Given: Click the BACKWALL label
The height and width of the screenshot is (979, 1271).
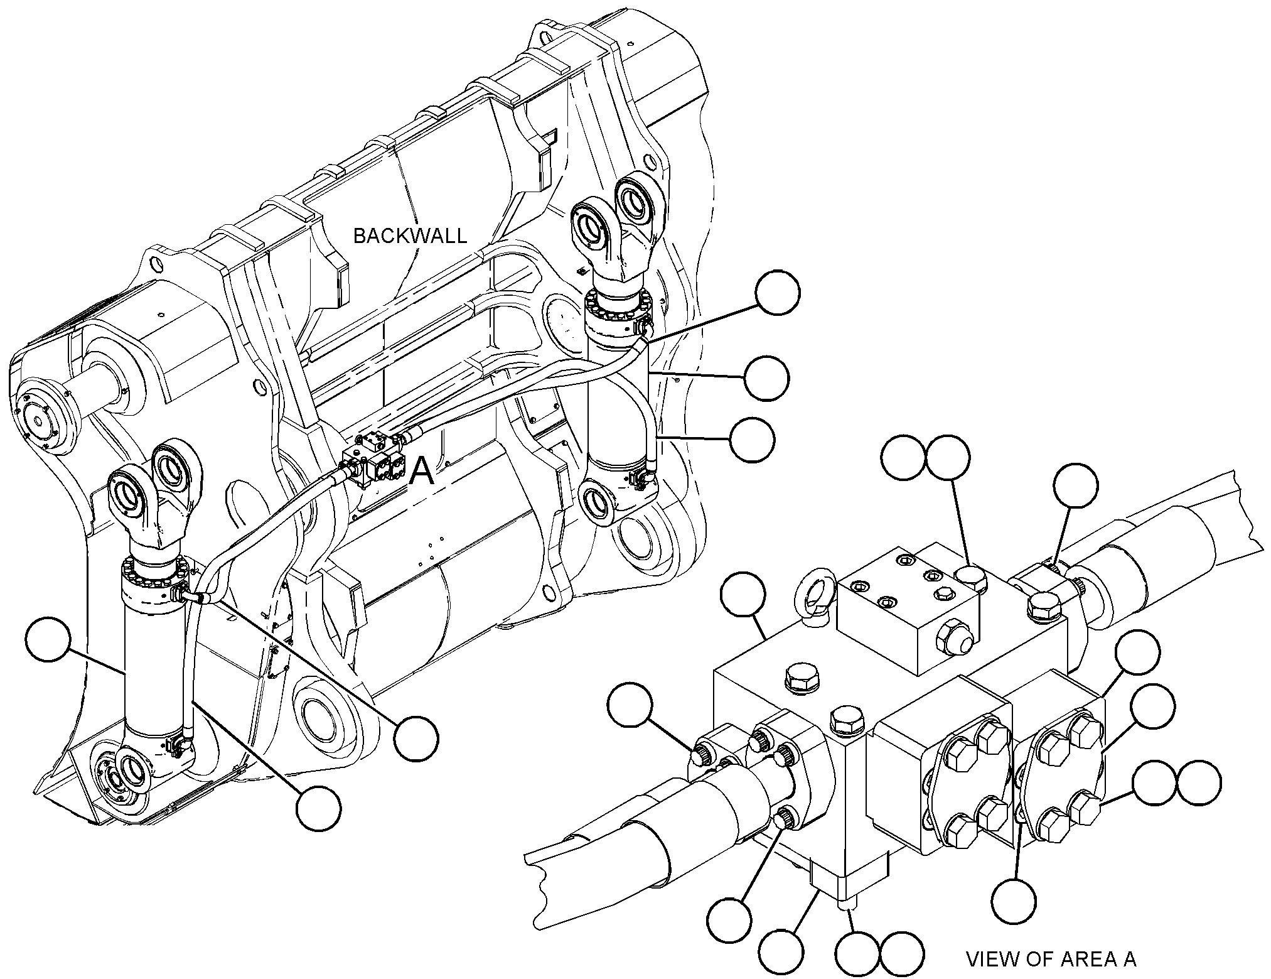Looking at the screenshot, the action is pyautogui.click(x=410, y=235).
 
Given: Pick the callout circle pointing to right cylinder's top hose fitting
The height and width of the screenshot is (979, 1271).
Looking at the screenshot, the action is pyautogui.click(x=778, y=293).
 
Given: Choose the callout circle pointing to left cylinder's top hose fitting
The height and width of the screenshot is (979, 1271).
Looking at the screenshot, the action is pyautogui.click(x=416, y=738).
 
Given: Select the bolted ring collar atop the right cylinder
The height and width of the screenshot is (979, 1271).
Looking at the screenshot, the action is pyautogui.click(x=618, y=314).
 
